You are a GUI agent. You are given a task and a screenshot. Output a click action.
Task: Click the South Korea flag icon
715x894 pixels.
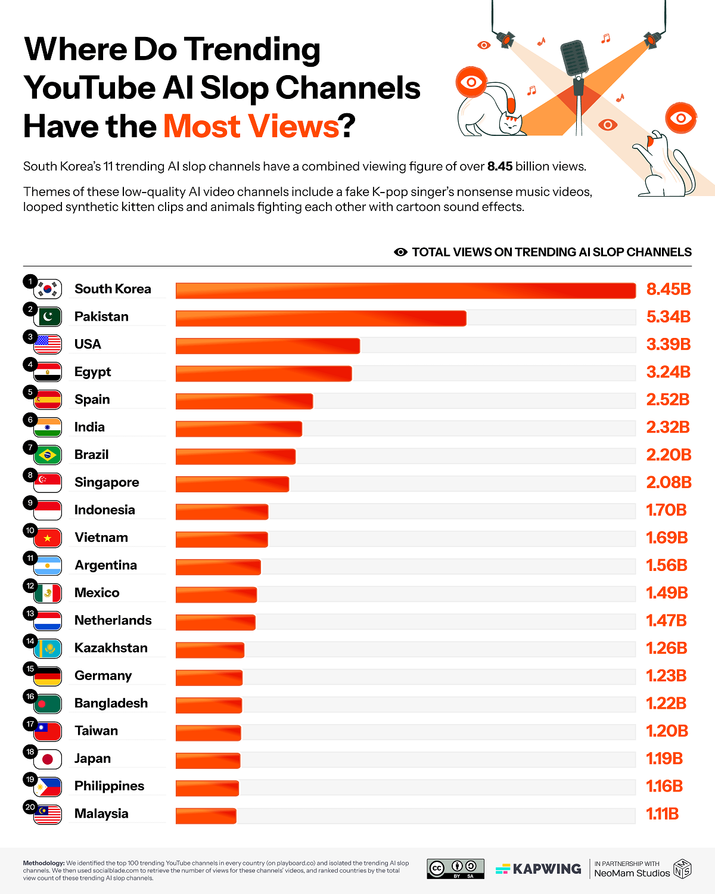pyautogui.click(x=48, y=290)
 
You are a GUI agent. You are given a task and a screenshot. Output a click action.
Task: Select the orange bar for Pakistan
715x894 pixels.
pyautogui.click(x=321, y=318)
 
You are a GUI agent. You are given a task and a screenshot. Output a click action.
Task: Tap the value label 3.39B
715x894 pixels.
pyautogui.click(x=668, y=344)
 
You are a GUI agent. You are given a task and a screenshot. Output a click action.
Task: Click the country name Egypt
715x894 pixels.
pyautogui.click(x=92, y=372)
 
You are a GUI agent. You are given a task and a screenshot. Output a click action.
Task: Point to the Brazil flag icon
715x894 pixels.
pyautogui.click(x=48, y=455)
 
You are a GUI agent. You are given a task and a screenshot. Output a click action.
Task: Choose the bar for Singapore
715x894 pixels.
pyautogui.click(x=232, y=483)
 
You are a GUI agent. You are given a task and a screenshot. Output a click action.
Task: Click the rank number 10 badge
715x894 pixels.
pyautogui.click(x=30, y=530)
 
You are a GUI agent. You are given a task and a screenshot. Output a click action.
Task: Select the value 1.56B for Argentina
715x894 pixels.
pyautogui.click(x=667, y=566)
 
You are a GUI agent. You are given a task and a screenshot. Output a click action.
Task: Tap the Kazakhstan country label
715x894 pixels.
pyautogui.click(x=111, y=648)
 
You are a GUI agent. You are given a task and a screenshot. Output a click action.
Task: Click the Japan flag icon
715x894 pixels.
pyautogui.click(x=48, y=759)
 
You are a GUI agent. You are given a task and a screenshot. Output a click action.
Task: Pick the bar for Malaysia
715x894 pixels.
pyautogui.click(x=206, y=815)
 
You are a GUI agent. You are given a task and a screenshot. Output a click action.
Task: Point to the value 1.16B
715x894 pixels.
pyautogui.click(x=664, y=786)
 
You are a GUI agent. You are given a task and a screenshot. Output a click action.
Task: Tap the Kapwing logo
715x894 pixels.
pyautogui.click(x=538, y=869)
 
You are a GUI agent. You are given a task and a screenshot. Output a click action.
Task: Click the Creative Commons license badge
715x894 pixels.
pyautogui.click(x=455, y=868)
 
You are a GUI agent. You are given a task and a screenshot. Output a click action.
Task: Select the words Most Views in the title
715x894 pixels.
pyautogui.click(x=251, y=126)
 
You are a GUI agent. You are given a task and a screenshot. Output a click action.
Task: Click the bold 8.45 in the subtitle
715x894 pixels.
pyautogui.click(x=499, y=167)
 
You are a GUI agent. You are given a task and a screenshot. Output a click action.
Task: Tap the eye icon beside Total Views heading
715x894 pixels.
pyautogui.click(x=400, y=252)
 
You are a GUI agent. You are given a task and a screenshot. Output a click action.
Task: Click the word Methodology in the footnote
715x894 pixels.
pyautogui.click(x=43, y=863)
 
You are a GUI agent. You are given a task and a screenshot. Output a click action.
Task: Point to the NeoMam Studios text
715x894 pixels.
pyautogui.click(x=632, y=873)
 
